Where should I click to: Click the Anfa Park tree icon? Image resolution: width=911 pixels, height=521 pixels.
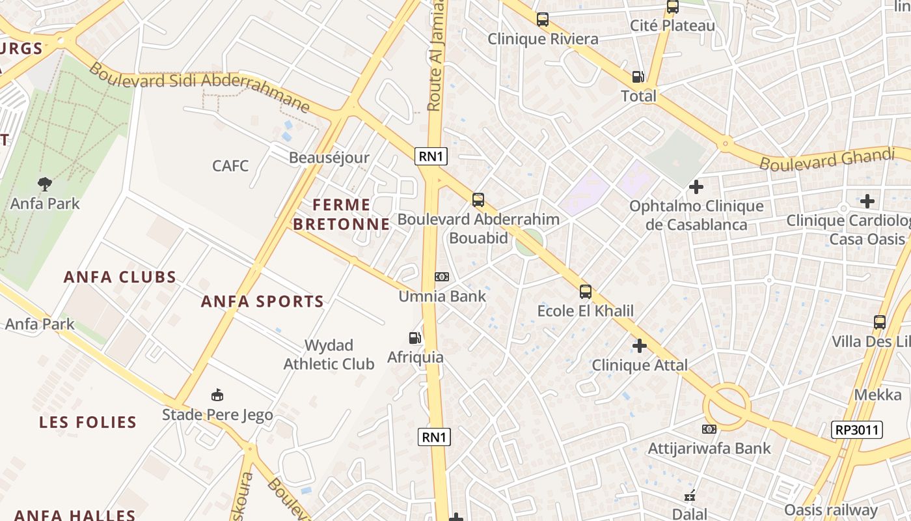(44, 184)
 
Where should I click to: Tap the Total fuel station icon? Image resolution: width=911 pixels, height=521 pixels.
(638, 77)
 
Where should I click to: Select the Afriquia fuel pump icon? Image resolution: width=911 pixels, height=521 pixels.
(415, 338)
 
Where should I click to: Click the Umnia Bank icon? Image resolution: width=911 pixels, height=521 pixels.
(442, 277)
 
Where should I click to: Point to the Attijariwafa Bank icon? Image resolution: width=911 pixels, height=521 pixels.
(709, 429)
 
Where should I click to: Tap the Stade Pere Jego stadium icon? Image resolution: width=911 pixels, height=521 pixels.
(217, 395)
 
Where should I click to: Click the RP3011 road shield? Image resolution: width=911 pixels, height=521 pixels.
(856, 430)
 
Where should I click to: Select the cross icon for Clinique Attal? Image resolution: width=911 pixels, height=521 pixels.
(640, 345)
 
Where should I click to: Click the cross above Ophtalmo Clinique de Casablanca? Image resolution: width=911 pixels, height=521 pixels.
(696, 187)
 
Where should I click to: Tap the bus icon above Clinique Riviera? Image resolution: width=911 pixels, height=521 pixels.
(543, 20)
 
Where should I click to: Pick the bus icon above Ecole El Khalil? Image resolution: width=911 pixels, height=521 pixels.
(586, 291)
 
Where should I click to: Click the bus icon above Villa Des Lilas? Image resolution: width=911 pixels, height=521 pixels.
(880, 322)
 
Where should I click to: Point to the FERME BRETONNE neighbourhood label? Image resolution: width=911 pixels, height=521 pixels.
(341, 214)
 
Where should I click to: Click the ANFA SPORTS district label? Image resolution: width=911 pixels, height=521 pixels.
(262, 302)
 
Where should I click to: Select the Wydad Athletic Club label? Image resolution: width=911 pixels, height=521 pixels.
(329, 354)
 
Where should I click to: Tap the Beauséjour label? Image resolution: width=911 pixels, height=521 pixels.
(329, 158)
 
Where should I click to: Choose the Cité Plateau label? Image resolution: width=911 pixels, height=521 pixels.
(672, 26)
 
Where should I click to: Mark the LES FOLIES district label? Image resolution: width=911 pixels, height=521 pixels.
(88, 422)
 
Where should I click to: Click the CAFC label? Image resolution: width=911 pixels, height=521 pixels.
(230, 165)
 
